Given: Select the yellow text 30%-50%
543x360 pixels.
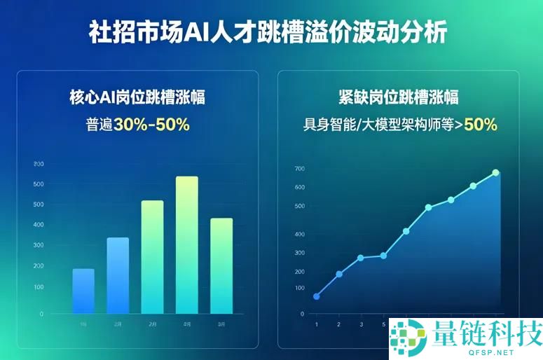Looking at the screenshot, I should pyautogui.click(x=151, y=125).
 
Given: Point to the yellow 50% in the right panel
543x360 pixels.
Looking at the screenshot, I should pyautogui.click(x=481, y=125).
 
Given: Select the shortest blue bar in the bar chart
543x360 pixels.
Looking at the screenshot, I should pyautogui.click(x=83, y=291).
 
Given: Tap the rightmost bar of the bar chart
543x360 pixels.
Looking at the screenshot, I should pyautogui.click(x=221, y=265).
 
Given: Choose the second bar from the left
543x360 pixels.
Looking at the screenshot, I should pyautogui.click(x=118, y=275).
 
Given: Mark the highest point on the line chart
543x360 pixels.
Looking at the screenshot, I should pyautogui.click(x=495, y=172).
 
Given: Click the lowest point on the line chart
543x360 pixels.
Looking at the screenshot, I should pyautogui.click(x=316, y=296).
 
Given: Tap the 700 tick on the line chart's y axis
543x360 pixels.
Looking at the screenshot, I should pyautogui.click(x=299, y=169).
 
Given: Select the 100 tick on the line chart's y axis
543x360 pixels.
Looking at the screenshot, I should pyautogui.click(x=299, y=288).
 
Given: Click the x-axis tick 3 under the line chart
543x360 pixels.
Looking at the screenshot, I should pyautogui.click(x=361, y=325).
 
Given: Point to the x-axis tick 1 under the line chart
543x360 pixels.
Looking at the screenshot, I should pyautogui.click(x=316, y=325).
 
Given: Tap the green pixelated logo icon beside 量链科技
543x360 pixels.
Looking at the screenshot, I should pyautogui.click(x=408, y=337).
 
